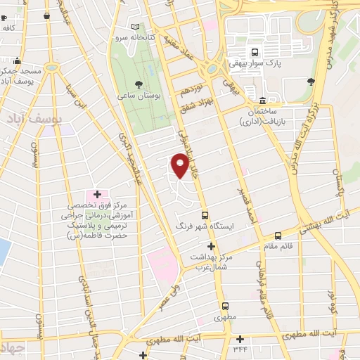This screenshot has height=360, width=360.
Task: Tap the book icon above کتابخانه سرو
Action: [x=145, y=26]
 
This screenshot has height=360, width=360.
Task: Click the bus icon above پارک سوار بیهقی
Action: [x=255, y=51]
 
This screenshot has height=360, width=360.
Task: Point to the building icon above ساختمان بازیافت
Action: [x=263, y=100]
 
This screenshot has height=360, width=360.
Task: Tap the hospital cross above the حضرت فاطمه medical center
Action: [x=96, y=193]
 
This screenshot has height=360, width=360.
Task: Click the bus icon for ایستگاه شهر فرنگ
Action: [x=205, y=215]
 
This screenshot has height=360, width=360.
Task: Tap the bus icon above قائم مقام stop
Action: [x=278, y=236]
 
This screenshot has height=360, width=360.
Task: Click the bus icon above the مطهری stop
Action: [x=226, y=306]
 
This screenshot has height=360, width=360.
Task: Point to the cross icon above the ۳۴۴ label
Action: [x=240, y=339]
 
